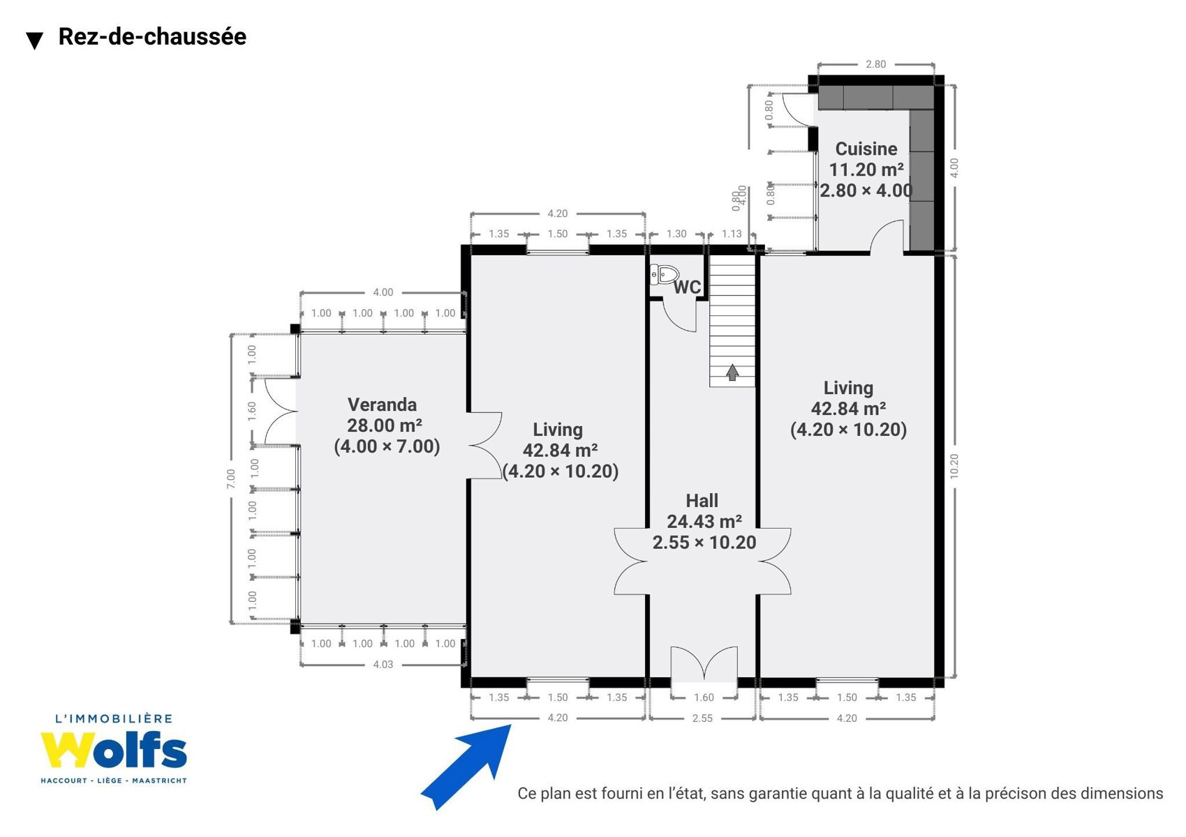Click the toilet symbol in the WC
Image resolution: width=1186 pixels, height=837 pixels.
[665, 275]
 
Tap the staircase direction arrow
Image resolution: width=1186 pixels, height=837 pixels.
[732, 372]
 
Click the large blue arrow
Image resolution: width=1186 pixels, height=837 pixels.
[466, 767]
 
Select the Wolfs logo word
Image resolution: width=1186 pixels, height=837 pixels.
[114, 751]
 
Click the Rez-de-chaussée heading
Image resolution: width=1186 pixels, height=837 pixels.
[152, 36]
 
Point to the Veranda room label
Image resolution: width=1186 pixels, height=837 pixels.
[383, 405]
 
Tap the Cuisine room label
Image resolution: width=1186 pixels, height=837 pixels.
[866, 149]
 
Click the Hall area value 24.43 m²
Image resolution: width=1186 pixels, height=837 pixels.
[704, 522]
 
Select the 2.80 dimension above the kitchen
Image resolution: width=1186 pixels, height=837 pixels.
[876, 64]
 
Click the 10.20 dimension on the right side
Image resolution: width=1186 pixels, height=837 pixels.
[954, 466]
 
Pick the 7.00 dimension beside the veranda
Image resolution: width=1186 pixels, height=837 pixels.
[231, 478]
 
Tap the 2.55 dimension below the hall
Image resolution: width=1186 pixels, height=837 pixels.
[702, 718]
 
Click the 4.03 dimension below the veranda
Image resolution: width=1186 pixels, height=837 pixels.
[383, 665]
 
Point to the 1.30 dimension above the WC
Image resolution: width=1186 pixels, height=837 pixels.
[676, 234]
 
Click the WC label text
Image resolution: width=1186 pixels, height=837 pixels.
[688, 287]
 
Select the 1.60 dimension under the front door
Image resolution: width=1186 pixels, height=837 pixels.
[704, 697]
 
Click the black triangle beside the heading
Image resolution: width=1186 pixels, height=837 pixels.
[35, 40]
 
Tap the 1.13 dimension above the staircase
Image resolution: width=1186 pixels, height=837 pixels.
[732, 234]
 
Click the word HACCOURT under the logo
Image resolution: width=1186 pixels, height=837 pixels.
[64, 781]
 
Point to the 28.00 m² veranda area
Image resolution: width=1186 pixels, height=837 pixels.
[385, 425]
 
